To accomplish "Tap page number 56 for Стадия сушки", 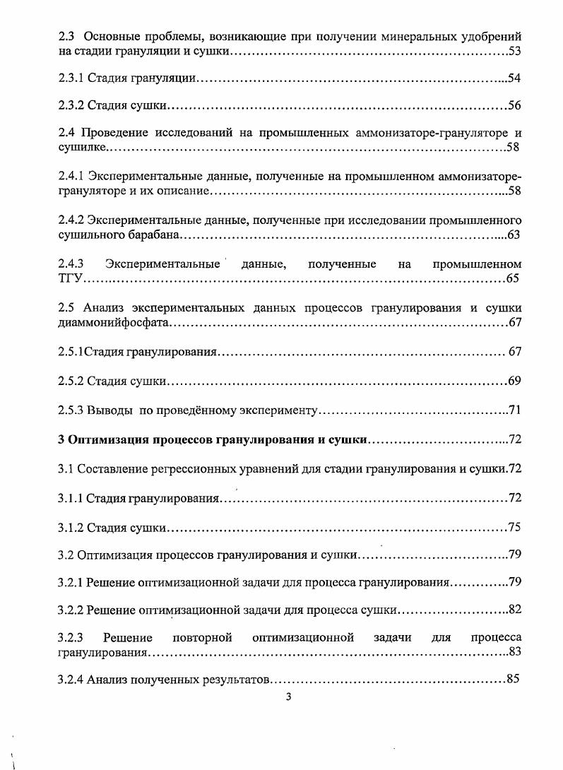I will tap(515, 105).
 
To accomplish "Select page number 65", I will tap(513, 278).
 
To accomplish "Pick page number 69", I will tap(515, 381).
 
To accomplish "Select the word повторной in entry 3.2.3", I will tap(203, 638).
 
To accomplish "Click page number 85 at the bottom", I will tap(514, 680).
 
